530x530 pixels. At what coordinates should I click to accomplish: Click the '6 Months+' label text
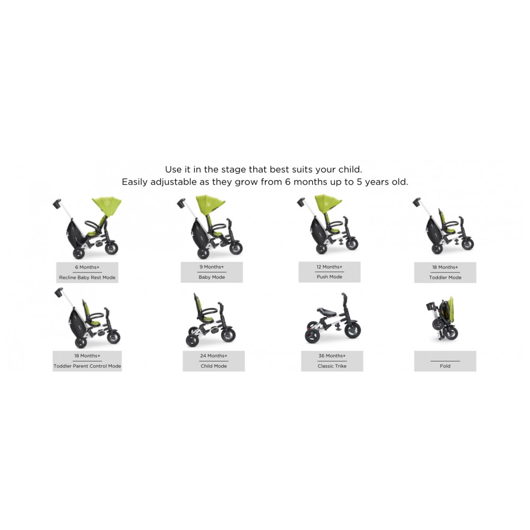87,267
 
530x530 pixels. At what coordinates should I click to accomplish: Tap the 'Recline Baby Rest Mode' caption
87,278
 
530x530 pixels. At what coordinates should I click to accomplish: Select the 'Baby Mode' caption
211,277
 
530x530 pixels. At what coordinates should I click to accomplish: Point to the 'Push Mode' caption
330,277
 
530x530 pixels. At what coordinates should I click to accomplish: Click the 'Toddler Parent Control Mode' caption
87,366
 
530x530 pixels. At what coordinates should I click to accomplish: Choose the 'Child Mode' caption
214,366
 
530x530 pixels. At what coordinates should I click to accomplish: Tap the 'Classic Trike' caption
332,366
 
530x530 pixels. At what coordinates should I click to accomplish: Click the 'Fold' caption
445,366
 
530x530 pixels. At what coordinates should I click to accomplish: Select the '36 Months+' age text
332,356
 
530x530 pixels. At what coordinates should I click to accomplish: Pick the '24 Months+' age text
214,356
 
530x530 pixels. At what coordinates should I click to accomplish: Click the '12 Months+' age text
330,267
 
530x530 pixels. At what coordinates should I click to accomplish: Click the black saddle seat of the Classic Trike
327,312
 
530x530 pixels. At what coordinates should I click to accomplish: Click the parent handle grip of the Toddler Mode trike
417,202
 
